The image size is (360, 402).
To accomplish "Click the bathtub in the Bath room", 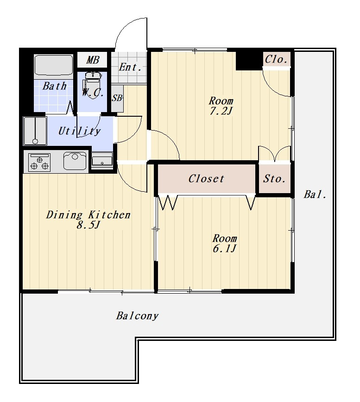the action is pyautogui.click(x=54, y=65).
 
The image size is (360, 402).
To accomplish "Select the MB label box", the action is pyautogui.click(x=92, y=60).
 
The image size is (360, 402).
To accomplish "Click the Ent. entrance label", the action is pyautogui.click(x=130, y=68).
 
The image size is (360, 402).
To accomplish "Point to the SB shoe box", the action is pyautogui.click(x=117, y=98).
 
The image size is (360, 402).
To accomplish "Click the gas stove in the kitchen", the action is pyautogui.click(x=39, y=162).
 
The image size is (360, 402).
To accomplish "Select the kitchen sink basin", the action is pyautogui.click(x=75, y=161).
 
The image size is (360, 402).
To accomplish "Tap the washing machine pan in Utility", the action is pyautogui.click(x=35, y=131).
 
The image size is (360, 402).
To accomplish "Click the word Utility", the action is pyautogui.click(x=80, y=131).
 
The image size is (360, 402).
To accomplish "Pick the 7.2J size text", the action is pyautogui.click(x=221, y=111).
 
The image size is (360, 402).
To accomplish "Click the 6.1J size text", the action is pyautogui.click(x=224, y=248).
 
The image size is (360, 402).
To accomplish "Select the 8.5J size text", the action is pyautogui.click(x=88, y=225).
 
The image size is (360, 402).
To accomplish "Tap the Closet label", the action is pyautogui.click(x=206, y=179).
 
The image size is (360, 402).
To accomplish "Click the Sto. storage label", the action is pyautogui.click(x=274, y=179).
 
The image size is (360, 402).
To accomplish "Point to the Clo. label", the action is pyautogui.click(x=276, y=59).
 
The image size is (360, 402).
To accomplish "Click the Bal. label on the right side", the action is pyautogui.click(x=315, y=195).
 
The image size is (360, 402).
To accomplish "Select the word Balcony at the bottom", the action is pyautogui.click(x=137, y=316).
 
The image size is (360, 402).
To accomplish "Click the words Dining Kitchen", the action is pyautogui.click(x=88, y=214).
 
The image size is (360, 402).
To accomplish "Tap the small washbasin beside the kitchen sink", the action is pyautogui.click(x=102, y=160).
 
